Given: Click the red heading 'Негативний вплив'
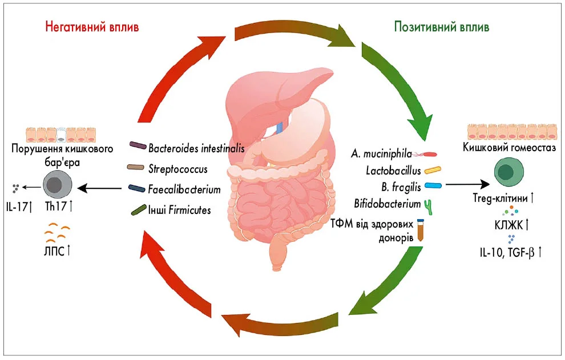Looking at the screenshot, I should (x=92, y=27).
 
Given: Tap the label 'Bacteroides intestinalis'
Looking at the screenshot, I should (x=196, y=148).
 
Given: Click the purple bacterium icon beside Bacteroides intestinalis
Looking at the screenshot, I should (x=138, y=146).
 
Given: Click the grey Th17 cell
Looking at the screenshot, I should (x=57, y=187).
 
